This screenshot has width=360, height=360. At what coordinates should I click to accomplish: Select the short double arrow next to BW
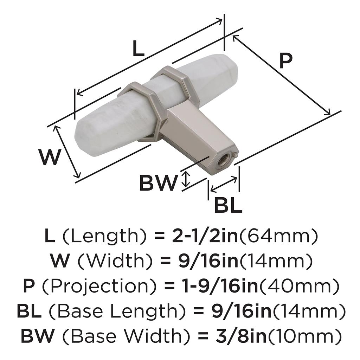pyautogui.click(x=186, y=179)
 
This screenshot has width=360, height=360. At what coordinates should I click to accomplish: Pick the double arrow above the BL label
pyautogui.click(x=223, y=184)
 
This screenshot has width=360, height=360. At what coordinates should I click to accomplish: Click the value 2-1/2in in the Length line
pyautogui.click(x=205, y=236)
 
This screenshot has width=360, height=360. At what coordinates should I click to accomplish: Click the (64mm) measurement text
pyautogui.click(x=278, y=237)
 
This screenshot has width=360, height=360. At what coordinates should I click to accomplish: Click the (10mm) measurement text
pyautogui.click(x=304, y=336)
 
